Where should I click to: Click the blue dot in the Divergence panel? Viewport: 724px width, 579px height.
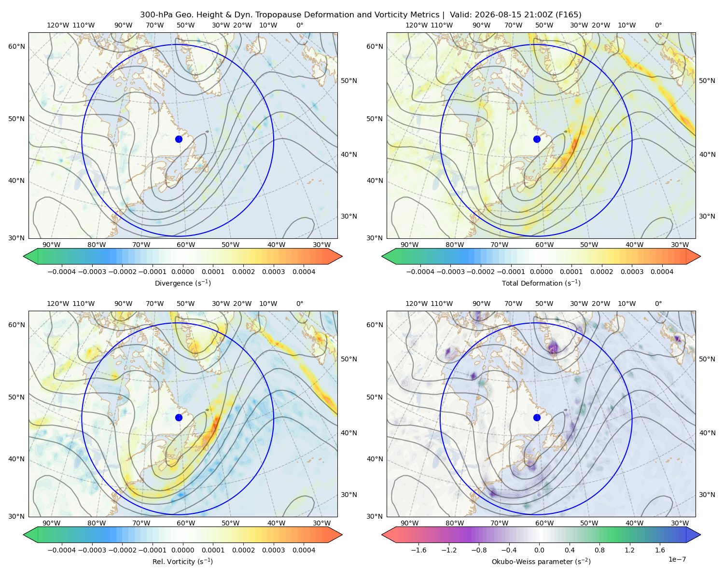(x=179, y=139)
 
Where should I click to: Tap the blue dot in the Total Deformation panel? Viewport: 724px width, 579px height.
(x=537, y=139)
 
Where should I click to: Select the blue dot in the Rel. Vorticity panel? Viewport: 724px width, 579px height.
(x=179, y=417)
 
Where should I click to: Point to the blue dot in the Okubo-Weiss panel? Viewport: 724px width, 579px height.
(x=537, y=417)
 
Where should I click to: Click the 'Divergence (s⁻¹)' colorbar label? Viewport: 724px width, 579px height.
(x=182, y=283)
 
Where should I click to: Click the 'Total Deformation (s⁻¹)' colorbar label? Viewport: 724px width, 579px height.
(x=541, y=283)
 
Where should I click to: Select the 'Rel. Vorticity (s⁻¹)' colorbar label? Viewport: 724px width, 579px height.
(x=182, y=561)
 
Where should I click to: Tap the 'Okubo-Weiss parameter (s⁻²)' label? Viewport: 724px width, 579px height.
(x=541, y=561)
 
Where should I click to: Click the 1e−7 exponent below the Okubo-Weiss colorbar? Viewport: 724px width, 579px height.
(x=677, y=559)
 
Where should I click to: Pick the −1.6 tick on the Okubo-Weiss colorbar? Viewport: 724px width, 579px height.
(x=418, y=550)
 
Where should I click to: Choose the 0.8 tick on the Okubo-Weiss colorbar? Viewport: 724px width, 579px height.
(x=599, y=550)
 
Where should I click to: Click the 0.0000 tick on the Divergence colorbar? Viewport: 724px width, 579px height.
(x=182, y=272)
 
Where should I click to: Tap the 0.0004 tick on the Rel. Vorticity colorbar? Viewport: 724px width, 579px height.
(x=304, y=550)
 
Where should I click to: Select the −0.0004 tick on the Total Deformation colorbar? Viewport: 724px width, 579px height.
(x=420, y=272)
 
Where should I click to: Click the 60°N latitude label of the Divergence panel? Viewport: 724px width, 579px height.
(x=16, y=46)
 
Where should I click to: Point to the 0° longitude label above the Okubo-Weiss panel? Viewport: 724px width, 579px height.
(x=658, y=303)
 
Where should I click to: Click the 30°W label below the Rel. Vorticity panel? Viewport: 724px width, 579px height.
(x=321, y=523)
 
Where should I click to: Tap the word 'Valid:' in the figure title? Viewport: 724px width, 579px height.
(x=460, y=15)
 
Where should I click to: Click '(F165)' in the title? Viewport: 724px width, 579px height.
(x=568, y=15)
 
